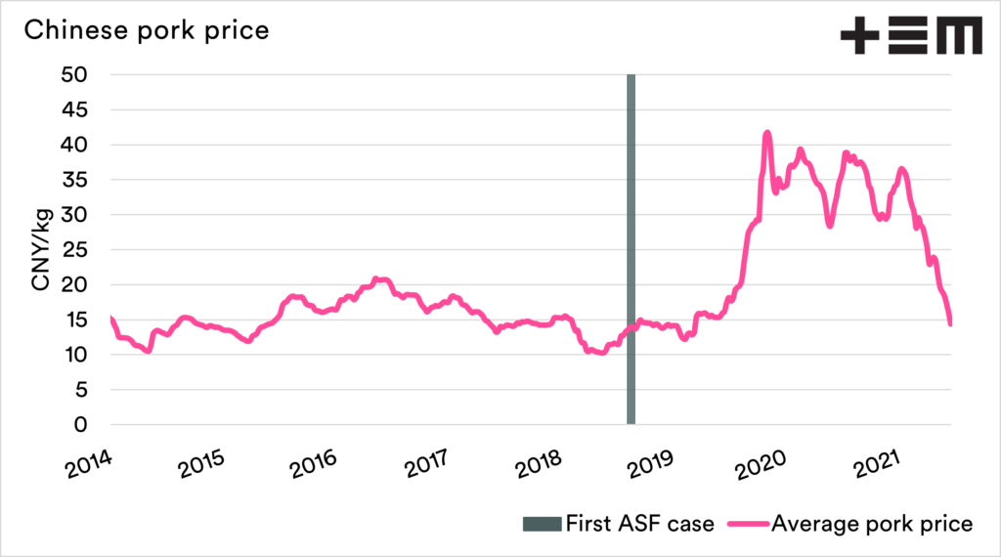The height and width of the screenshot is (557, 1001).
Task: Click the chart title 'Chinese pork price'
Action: click(146, 30)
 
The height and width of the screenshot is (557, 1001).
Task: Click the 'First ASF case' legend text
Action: click(639, 524)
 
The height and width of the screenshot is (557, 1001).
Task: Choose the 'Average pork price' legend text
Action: click(872, 524)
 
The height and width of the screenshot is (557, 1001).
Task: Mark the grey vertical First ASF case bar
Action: click(631, 249)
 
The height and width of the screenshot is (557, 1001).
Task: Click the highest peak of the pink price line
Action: click(767, 132)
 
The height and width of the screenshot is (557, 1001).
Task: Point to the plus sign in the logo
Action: click(860, 37)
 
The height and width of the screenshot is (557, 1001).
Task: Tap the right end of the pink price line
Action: click(950, 323)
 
